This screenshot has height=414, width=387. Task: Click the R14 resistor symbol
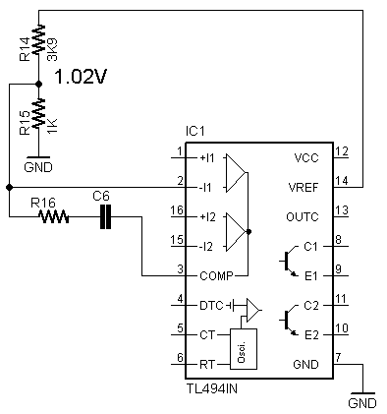(38, 38)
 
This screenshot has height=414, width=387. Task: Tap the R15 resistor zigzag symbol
(38, 113)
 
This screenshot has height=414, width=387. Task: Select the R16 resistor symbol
(53, 216)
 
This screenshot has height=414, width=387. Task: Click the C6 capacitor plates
(105, 216)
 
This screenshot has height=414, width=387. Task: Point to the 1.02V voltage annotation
(81, 77)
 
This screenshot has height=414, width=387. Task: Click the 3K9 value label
(52, 49)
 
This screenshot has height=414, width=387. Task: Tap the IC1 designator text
(194, 132)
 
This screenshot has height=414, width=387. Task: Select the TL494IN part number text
(212, 388)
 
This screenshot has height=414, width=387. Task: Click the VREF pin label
(304, 188)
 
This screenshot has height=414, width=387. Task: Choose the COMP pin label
(216, 276)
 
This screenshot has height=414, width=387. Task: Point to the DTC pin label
(211, 306)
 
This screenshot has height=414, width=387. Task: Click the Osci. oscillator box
(244, 349)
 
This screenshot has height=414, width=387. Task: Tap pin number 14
(342, 181)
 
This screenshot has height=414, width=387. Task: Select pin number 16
(177, 209)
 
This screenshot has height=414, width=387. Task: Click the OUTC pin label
(303, 217)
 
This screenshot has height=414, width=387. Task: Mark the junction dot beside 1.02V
(38, 85)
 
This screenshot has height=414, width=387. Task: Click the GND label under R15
(38, 167)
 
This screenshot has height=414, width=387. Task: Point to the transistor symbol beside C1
(288, 261)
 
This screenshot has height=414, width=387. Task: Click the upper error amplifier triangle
(236, 173)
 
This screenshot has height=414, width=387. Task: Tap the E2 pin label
(311, 335)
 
